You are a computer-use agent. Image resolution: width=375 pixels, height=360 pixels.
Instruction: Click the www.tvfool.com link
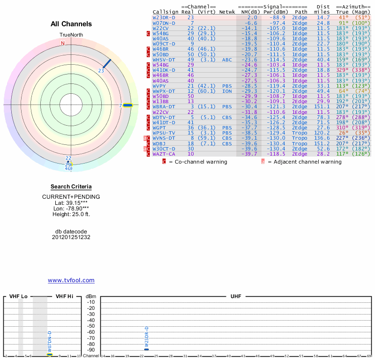(x=71, y=280)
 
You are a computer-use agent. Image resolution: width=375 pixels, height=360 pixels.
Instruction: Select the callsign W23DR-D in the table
(x=164, y=17)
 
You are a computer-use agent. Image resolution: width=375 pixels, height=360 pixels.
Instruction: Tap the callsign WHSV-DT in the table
(x=164, y=60)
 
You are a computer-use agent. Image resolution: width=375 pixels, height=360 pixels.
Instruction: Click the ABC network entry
(x=227, y=60)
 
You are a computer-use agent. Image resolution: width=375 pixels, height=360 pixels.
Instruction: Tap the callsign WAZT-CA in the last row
(x=164, y=154)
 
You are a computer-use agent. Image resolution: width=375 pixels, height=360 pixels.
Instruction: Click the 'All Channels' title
(x=71, y=24)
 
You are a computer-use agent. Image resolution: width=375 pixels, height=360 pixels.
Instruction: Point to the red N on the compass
(x=63, y=43)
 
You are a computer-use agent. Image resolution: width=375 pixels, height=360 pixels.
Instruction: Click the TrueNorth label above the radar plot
(x=71, y=35)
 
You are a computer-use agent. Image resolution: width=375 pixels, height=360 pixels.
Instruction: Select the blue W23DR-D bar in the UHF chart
(x=147, y=349)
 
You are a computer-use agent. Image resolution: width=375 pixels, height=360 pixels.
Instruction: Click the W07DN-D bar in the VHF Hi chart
(x=50, y=354)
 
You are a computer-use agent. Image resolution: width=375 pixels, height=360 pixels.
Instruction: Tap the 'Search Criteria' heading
(x=71, y=187)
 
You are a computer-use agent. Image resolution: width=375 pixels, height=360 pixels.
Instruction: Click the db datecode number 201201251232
(x=71, y=237)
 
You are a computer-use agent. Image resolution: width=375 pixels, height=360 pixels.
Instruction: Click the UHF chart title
(x=236, y=297)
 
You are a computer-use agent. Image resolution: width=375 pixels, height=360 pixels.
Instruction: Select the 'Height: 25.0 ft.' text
(x=71, y=214)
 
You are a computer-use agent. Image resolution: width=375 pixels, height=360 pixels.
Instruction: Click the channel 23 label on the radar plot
(x=101, y=70)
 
